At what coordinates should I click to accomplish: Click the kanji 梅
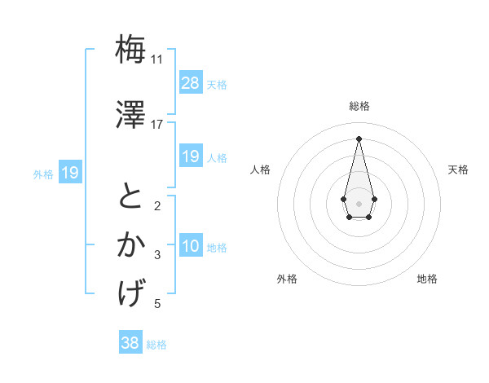(131, 50)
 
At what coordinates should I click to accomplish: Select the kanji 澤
(131, 114)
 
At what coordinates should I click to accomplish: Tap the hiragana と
(131, 196)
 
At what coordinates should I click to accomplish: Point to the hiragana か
(131, 244)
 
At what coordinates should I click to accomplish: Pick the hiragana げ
(131, 293)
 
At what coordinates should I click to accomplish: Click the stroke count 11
(156, 59)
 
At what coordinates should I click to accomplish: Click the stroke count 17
(156, 124)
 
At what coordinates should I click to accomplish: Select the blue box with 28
(190, 82)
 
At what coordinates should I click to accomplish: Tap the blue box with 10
(190, 246)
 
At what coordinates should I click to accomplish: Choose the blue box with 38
(130, 343)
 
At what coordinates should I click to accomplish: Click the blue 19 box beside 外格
(69, 172)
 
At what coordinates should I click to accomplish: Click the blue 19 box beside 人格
(190, 156)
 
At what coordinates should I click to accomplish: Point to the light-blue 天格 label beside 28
(217, 84)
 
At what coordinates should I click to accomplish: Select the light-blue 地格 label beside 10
(217, 248)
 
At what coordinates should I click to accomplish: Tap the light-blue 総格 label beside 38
(156, 345)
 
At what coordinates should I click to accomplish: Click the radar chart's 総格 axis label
(359, 107)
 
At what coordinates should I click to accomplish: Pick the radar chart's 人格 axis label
(261, 169)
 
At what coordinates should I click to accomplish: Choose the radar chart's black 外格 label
(287, 279)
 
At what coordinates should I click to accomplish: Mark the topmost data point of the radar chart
(359, 138)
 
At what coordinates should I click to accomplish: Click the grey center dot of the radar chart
(359, 202)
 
